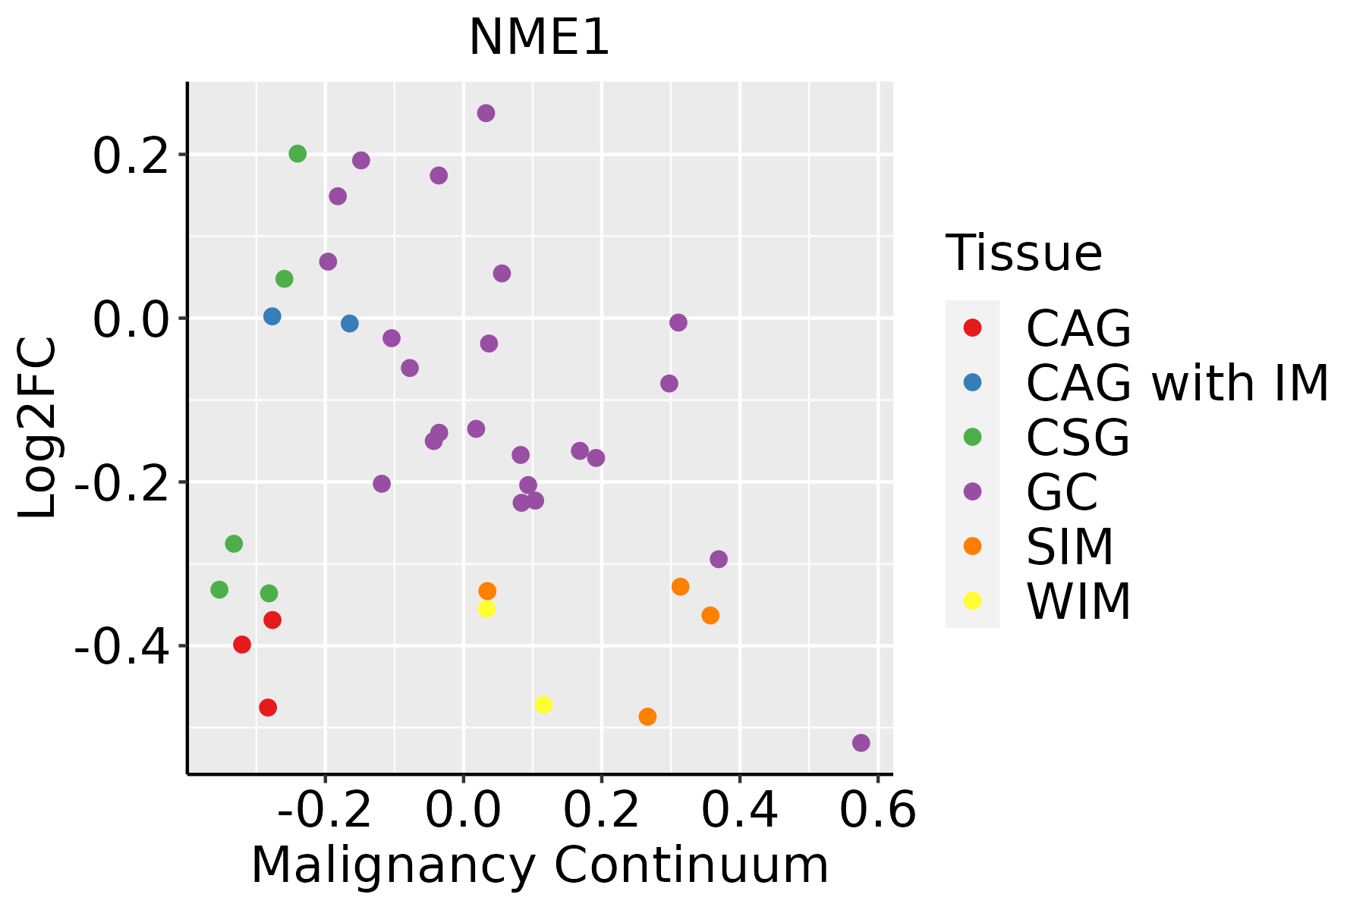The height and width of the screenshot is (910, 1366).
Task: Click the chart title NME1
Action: [x=539, y=38]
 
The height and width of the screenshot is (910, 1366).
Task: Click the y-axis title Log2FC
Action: [x=38, y=428]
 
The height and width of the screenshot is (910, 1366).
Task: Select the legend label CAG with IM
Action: [x=1177, y=383]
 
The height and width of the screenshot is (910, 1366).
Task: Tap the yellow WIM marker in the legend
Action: [x=972, y=601]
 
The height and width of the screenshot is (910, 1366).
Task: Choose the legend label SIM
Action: [x=1069, y=547]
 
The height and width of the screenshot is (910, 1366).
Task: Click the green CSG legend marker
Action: [x=972, y=437]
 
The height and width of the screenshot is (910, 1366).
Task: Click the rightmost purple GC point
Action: [x=861, y=743]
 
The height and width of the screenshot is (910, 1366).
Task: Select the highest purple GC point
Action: [x=486, y=114]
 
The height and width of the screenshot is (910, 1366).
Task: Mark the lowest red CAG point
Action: [x=268, y=708]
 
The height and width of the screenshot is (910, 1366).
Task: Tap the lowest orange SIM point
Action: [x=647, y=717]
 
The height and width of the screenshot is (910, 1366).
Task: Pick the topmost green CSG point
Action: [x=297, y=154]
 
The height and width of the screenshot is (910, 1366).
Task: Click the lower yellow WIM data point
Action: [x=543, y=705]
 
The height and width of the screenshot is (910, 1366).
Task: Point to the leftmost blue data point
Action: [x=272, y=316]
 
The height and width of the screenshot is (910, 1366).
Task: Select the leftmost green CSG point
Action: [x=219, y=589]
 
